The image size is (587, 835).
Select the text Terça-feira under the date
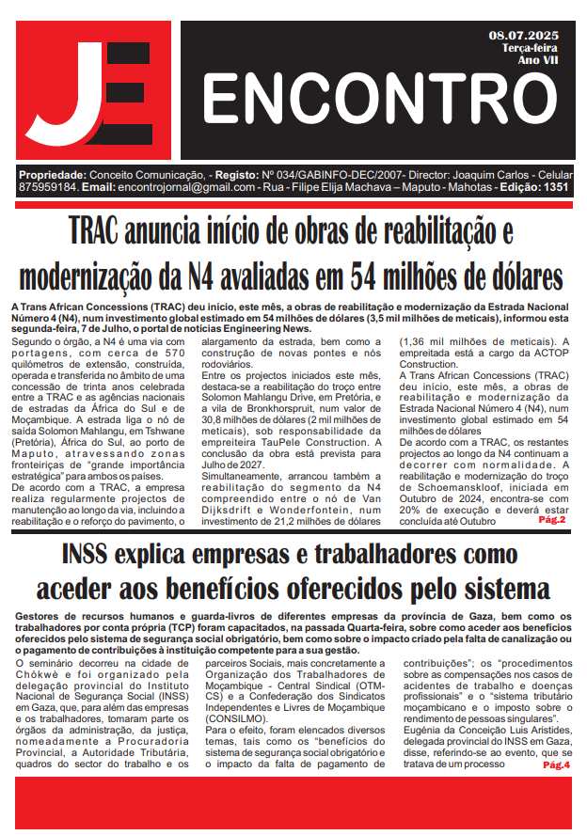point(530,48)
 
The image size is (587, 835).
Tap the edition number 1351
point(556,187)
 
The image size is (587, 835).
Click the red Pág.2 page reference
point(551,519)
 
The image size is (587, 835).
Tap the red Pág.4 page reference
point(556,765)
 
